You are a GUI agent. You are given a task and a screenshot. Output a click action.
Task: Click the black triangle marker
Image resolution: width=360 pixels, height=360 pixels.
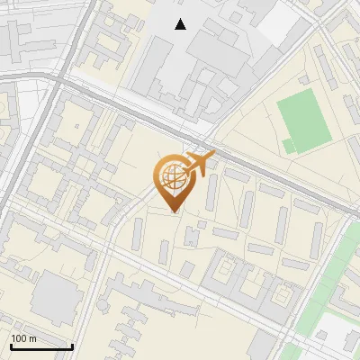[181, 24]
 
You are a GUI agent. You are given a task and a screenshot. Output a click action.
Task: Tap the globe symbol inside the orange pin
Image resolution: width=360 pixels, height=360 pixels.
[172, 176]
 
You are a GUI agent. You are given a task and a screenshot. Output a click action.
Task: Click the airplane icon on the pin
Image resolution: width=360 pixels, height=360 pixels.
[199, 164]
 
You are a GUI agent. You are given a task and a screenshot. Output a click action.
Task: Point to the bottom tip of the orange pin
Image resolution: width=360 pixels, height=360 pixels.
[174, 211]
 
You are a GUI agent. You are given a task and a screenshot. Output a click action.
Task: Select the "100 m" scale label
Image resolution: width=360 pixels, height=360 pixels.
[23, 338]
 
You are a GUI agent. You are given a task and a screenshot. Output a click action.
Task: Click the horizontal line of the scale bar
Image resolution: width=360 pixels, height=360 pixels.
[41, 346]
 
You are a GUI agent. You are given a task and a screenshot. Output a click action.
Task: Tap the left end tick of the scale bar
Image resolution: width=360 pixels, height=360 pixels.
[11, 345]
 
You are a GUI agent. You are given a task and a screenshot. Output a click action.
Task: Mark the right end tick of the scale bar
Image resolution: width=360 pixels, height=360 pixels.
[72, 345]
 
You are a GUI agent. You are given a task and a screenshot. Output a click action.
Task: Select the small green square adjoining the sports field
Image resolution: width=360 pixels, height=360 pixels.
[288, 144]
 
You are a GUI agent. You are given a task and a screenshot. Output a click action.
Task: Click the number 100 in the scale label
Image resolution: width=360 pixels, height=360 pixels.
[19, 338]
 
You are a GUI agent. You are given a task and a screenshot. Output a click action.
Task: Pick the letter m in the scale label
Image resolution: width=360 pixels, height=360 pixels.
[32, 338]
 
